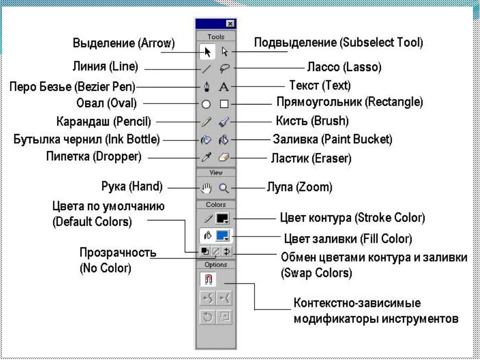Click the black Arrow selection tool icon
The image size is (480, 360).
[207, 51]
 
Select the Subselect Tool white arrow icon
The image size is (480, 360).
[224, 51]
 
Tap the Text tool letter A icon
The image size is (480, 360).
[224, 86]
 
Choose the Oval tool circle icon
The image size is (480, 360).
[206, 104]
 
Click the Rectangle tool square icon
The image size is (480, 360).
[224, 104]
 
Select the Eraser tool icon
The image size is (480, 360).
[224, 157]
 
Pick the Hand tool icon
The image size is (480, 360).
[206, 188]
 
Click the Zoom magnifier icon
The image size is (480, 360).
[224, 188]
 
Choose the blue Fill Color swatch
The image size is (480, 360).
[222, 235]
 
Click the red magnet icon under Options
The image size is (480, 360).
[207, 279]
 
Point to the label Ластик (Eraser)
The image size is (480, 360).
[311, 158]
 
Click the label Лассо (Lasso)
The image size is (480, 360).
[343, 66]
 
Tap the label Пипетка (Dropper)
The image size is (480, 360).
[94, 156]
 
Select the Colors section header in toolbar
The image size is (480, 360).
[215, 204]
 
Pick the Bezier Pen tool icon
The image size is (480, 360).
[206, 87]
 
